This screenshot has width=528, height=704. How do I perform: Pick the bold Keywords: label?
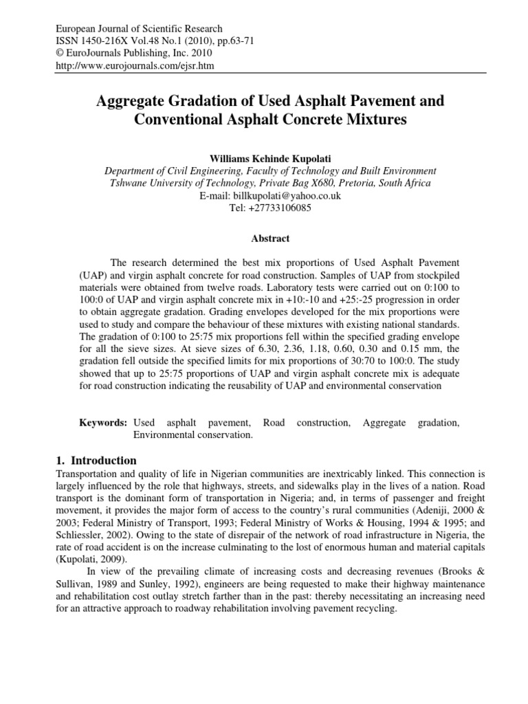click(104, 423)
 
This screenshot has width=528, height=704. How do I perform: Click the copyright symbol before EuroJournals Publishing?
click(59, 53)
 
